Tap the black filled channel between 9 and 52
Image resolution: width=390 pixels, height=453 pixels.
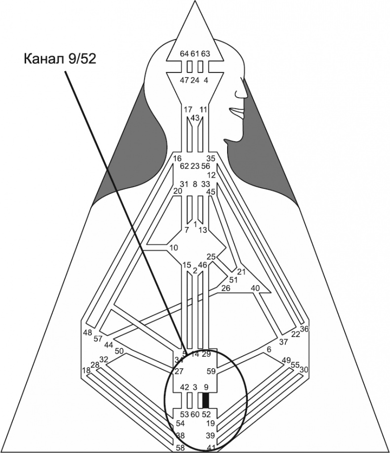pyautogui.click(x=206, y=400)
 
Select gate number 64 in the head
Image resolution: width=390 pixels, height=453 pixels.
pyautogui.click(x=184, y=54)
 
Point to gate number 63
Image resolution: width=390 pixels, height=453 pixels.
pyautogui.click(x=206, y=54)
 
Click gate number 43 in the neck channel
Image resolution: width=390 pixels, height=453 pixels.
pyautogui.click(x=195, y=118)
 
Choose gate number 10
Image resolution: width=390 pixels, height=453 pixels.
pyautogui.click(x=173, y=247)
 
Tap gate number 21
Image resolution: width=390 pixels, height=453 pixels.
pyautogui.click(x=241, y=272)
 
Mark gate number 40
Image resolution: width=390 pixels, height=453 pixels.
pyautogui.click(x=255, y=288)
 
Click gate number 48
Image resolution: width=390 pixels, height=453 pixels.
pyautogui.click(x=88, y=333)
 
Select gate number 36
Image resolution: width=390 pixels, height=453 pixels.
pyautogui.click(x=304, y=329)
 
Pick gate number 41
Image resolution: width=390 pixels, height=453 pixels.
pyautogui.click(x=211, y=447)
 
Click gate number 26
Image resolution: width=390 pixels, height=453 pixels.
pyautogui.click(x=226, y=288)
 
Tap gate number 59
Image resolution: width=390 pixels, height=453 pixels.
pyautogui.click(x=211, y=371)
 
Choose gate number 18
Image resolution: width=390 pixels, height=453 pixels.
pyautogui.click(x=86, y=370)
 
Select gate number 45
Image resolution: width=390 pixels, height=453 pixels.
pyautogui.click(x=211, y=191)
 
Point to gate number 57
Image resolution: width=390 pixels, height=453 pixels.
pyautogui.click(x=97, y=339)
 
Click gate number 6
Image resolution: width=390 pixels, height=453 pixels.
pyautogui.click(x=269, y=349)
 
